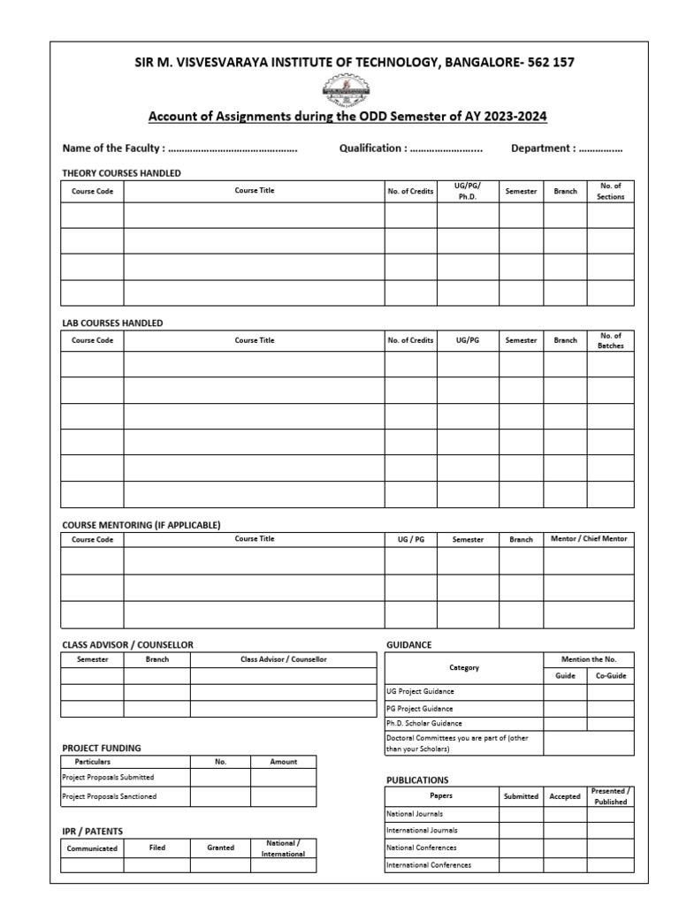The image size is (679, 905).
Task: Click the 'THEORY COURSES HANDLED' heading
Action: (121, 173)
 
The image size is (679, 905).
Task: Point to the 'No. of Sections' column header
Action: (610, 191)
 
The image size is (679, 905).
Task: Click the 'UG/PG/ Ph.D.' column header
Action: (467, 191)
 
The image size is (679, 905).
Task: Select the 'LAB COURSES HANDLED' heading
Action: (112, 323)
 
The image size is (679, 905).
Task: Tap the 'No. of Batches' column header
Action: (610, 340)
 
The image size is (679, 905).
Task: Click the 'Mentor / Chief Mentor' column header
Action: (588, 538)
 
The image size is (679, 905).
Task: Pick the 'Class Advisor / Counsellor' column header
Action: (283, 659)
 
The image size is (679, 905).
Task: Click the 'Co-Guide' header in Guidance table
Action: (610, 676)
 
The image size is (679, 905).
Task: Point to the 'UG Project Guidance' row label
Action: (420, 692)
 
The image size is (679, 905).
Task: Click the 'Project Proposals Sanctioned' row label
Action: (109, 796)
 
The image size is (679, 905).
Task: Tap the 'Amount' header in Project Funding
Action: (283, 761)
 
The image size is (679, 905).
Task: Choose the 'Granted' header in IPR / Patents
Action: (220, 848)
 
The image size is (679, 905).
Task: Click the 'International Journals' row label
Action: (422, 831)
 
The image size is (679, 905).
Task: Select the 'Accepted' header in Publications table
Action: (565, 796)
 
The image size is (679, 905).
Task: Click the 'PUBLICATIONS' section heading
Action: (417, 780)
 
